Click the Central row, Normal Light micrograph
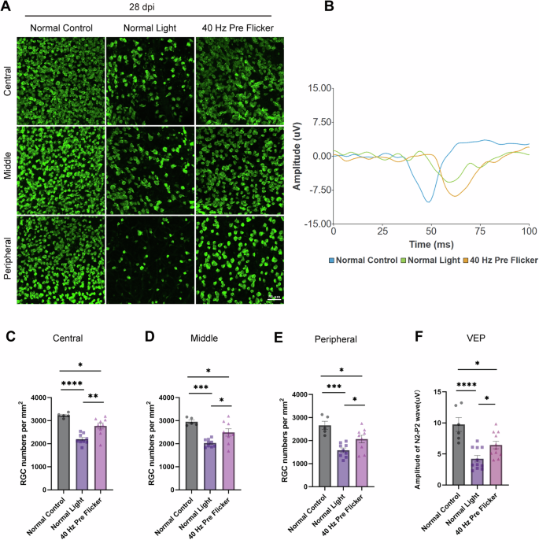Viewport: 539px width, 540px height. [x=150, y=80]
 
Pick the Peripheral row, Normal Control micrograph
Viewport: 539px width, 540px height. [x=61, y=259]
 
